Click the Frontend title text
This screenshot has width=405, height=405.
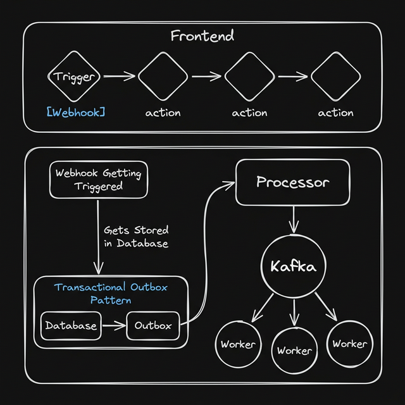202,36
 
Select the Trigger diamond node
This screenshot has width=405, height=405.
75,77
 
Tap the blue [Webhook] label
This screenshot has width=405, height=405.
76,112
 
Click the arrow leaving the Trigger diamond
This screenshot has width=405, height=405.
119,77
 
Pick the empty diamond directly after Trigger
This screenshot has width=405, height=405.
163,77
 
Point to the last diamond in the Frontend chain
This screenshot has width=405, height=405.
335,77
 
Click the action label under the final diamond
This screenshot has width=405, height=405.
335,113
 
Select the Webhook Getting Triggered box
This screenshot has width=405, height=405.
98,179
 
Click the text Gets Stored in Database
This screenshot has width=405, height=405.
136,237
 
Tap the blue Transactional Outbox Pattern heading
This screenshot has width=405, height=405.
111,293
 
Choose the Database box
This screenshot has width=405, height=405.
72,326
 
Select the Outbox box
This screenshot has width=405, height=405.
153,326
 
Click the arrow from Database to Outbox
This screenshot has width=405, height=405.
114,326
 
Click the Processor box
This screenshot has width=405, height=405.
292,182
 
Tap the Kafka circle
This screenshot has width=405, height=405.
293,266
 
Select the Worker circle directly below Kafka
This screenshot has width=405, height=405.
294,350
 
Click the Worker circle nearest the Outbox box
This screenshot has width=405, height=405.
238,344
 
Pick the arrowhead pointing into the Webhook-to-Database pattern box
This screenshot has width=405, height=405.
98,271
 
